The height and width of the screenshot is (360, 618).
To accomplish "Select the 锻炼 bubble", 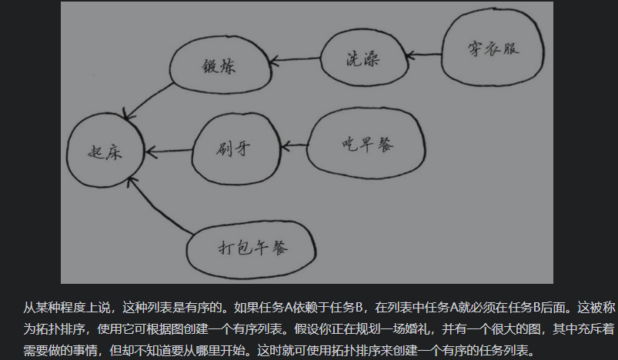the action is (220, 65).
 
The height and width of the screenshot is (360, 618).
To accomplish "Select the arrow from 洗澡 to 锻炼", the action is (296, 58).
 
